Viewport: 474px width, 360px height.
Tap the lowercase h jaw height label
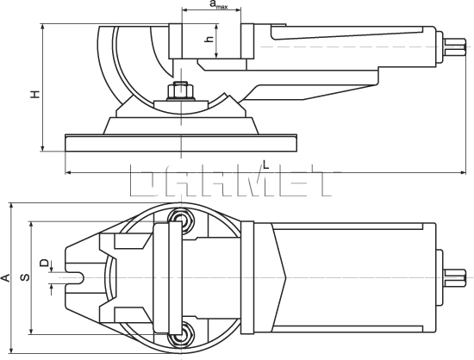[208, 40]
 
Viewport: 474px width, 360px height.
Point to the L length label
[265, 164]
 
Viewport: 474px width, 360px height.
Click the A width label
[5, 277]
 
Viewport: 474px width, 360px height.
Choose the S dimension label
[25, 277]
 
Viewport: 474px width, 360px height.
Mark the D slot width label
[44, 263]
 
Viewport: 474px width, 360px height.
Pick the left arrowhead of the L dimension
[69, 173]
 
